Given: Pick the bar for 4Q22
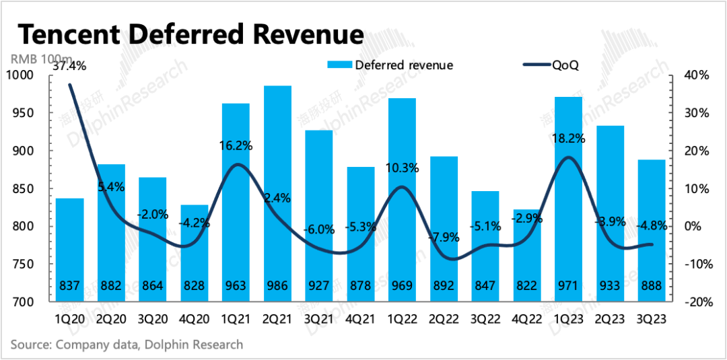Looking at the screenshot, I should (x=527, y=255).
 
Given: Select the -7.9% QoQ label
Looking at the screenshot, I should (x=444, y=238).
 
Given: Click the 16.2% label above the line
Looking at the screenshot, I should (x=236, y=145).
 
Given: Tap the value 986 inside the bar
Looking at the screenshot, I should (x=277, y=285).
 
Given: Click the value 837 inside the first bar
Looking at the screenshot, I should (x=71, y=285).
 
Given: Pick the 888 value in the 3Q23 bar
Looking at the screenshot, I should (x=651, y=285).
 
